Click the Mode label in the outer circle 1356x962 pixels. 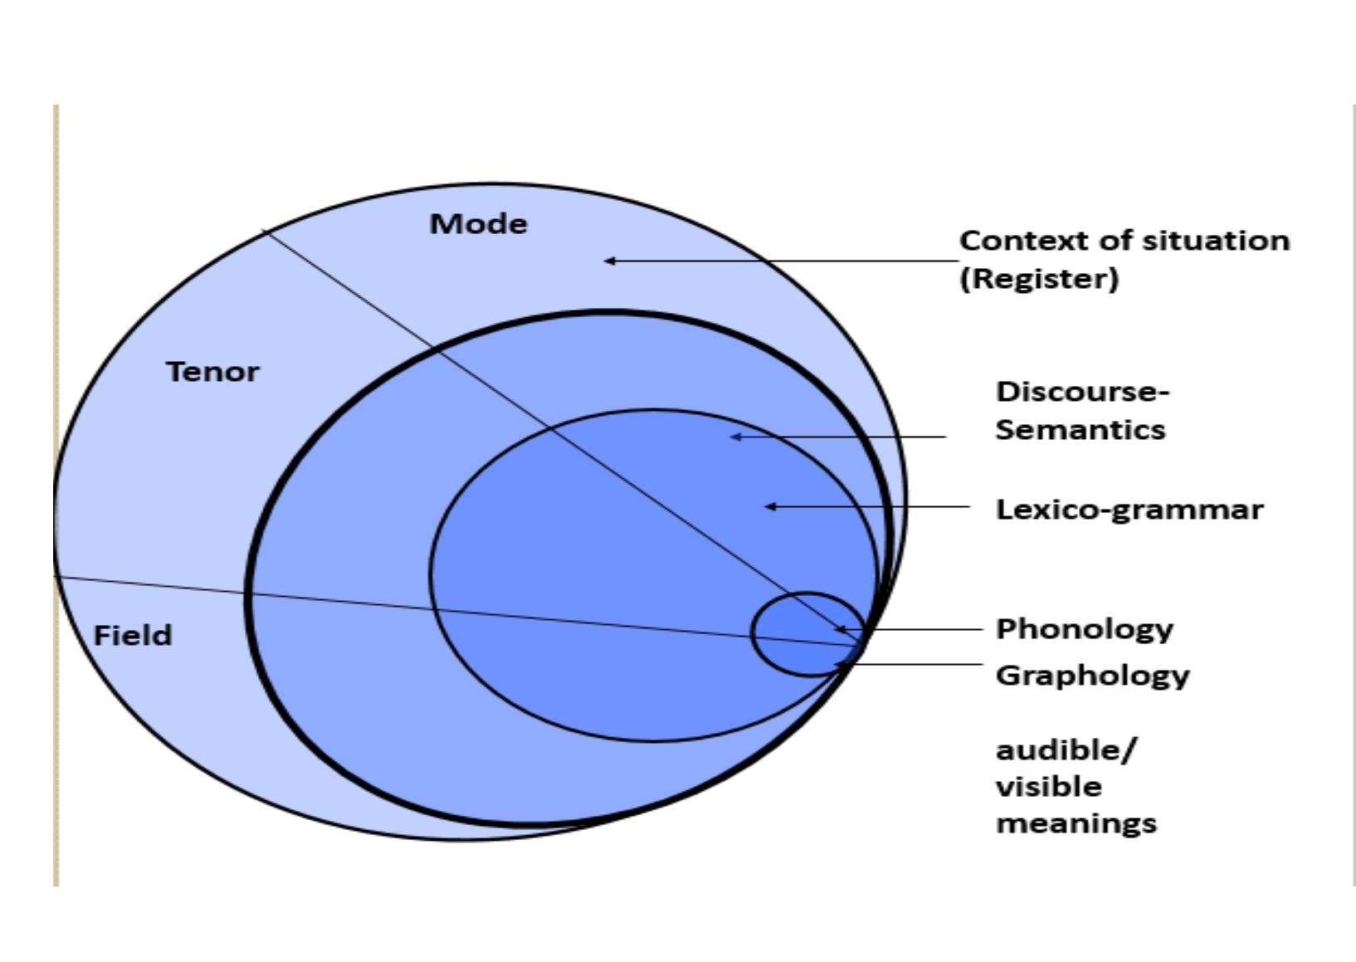coord(478,223)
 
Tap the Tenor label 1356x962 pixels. coord(212,371)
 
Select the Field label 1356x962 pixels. coord(133,635)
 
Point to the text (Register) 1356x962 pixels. coord(1039,278)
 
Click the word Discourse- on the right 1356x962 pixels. coord(1082,391)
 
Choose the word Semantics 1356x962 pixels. coord(1080,429)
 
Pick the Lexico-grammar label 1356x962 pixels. coord(1129,509)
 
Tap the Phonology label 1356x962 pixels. coord(1085,628)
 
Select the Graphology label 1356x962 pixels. coord(1093,675)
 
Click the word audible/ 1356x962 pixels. coord(1066,750)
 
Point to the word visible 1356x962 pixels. coord(1049,786)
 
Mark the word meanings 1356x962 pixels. coord(1076,823)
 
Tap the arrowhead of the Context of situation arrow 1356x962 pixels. coord(608,261)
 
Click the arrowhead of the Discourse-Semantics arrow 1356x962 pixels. coord(734,437)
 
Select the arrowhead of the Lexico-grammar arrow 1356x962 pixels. coord(769,506)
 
